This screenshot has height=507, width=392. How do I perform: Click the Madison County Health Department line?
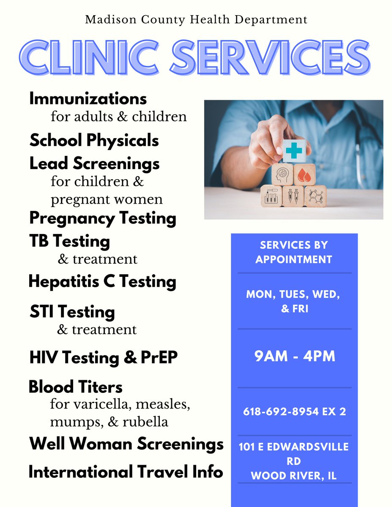pyautogui.click(x=196, y=19)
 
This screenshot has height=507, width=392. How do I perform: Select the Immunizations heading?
pyautogui.click(x=88, y=99)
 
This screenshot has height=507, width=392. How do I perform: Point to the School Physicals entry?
pyautogui.click(x=94, y=141)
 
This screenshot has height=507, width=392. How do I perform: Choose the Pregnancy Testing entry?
pyautogui.click(x=102, y=218)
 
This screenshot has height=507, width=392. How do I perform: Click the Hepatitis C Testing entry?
pyautogui.click(x=102, y=281)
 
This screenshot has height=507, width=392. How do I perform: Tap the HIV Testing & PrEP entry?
pyautogui.click(x=103, y=357)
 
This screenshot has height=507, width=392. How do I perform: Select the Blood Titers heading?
pyautogui.click(x=75, y=387)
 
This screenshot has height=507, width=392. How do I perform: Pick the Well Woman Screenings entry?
pyautogui.click(x=126, y=444)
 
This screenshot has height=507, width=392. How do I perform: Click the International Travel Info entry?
pyautogui.click(x=126, y=472)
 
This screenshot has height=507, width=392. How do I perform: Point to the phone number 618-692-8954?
pyautogui.click(x=280, y=412)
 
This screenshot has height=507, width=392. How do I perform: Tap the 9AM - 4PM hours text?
pyautogui.click(x=294, y=357)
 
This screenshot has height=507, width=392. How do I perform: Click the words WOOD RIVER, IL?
pyautogui.click(x=294, y=475)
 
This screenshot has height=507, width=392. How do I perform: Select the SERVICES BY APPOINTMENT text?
pyautogui.click(x=294, y=252)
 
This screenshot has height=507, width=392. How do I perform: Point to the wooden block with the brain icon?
pyautogui.click(x=282, y=174)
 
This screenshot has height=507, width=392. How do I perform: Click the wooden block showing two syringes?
pyautogui.click(x=293, y=196)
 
